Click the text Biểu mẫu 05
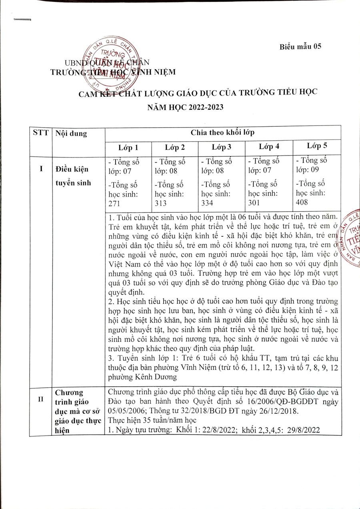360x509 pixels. pos(300,46)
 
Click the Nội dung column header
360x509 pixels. pos(71,134)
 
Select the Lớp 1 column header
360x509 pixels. pos(128,147)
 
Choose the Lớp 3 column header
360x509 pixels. pos(222,147)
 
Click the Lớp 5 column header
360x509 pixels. pos(317,145)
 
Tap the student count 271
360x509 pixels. pos(114,203)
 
